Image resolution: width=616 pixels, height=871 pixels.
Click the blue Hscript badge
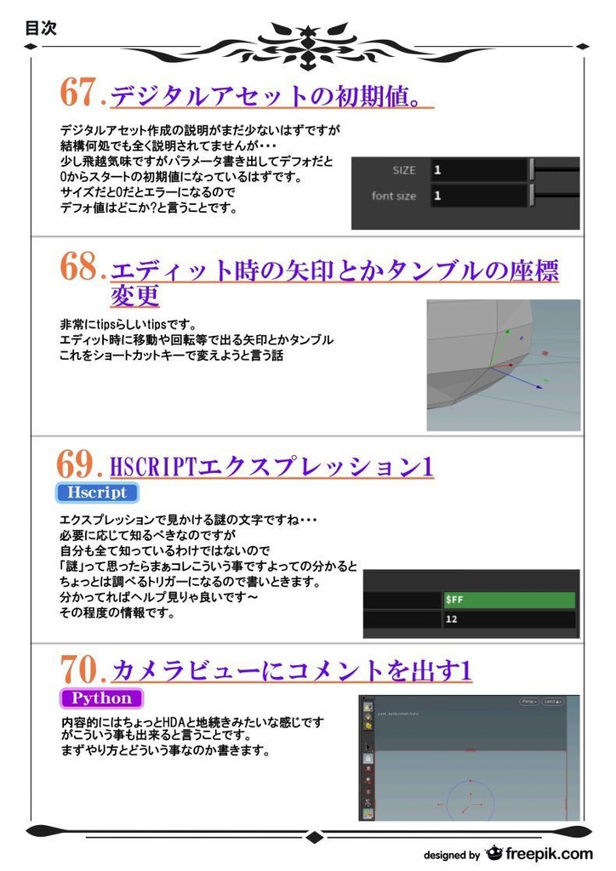tap(96, 492)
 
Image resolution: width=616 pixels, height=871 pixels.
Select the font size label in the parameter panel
tap(393, 196)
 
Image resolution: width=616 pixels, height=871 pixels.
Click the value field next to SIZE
tap(477, 170)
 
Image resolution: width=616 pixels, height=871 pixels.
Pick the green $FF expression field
tap(509, 600)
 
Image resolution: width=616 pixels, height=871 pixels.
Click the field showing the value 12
tap(509, 619)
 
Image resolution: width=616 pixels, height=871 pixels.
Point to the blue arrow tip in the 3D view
tap(540, 388)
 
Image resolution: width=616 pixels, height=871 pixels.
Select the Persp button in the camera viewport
tap(528, 702)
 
